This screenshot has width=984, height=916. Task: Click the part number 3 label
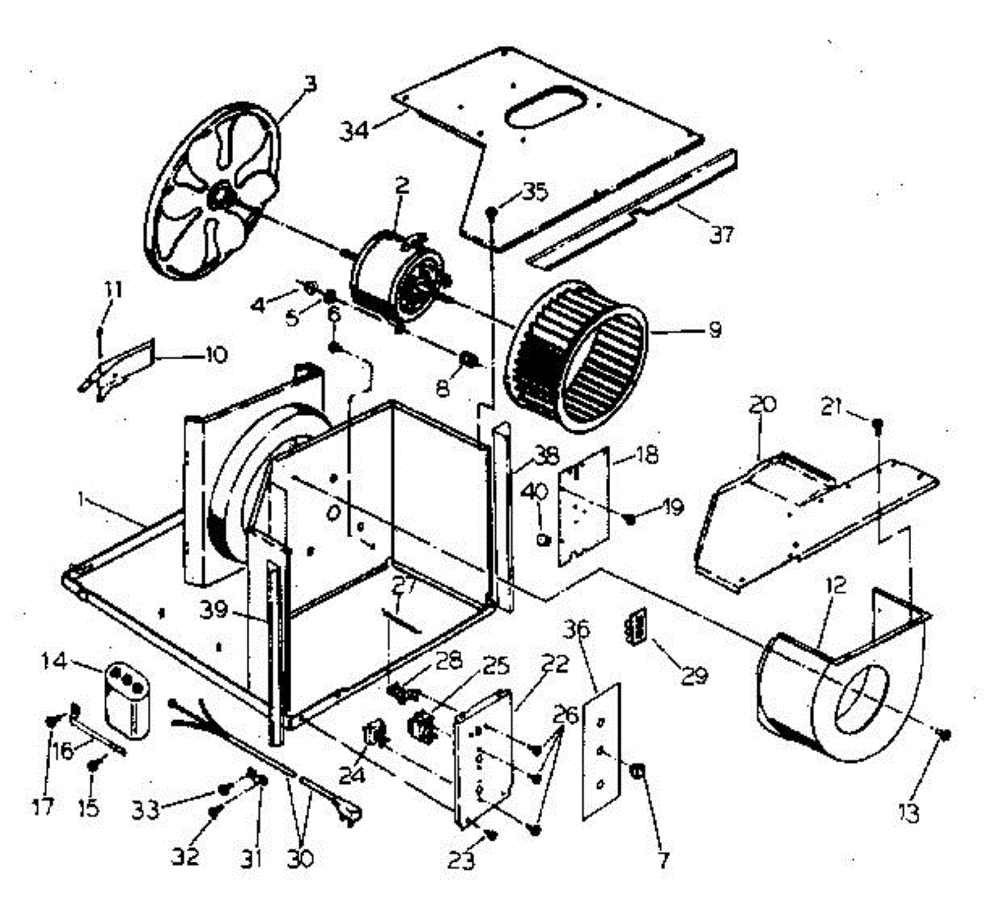[x=309, y=83]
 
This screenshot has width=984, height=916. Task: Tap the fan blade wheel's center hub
[x=219, y=195]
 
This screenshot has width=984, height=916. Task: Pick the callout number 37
[x=722, y=235]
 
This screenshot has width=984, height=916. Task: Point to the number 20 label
[x=762, y=404]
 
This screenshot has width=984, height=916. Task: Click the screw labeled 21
[x=877, y=425]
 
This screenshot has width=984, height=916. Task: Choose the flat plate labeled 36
[x=601, y=750]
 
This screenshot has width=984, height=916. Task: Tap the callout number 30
[x=302, y=858]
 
